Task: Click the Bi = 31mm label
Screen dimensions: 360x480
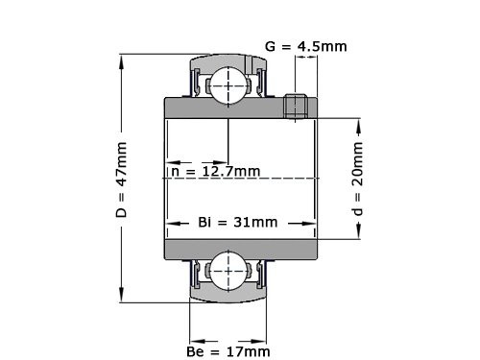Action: (237, 222)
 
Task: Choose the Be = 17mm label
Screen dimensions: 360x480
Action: (228, 351)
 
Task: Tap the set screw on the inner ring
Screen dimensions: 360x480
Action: (297, 107)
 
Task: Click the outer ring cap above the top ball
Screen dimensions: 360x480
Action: (228, 60)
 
